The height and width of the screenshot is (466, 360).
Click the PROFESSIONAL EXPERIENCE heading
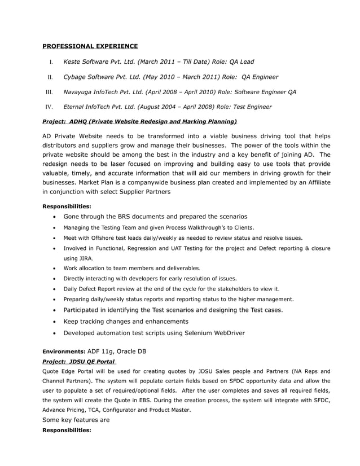pyautogui.click(x=90, y=46)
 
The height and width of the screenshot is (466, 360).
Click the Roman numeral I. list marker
pyautogui.click(x=51, y=62)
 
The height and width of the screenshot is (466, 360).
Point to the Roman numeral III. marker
pyautogui.click(x=49, y=92)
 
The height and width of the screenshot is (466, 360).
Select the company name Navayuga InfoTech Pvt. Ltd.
pyautogui.click(x=103, y=91)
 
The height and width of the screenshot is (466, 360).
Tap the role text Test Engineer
pyautogui.click(x=248, y=106)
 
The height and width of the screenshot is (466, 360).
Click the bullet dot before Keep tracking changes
pyautogui.click(x=53, y=322)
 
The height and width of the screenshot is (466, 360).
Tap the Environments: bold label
pyautogui.click(x=64, y=351)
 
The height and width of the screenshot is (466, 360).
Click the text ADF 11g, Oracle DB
pyautogui.click(x=117, y=351)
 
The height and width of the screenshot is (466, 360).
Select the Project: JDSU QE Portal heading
pyautogui.click(x=79, y=361)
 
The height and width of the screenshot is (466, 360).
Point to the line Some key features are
pyautogui.click(x=76, y=420)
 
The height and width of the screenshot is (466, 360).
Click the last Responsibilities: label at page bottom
pyautogui.click(x=67, y=430)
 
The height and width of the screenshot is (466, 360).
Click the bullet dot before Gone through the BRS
pyautogui.click(x=53, y=217)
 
